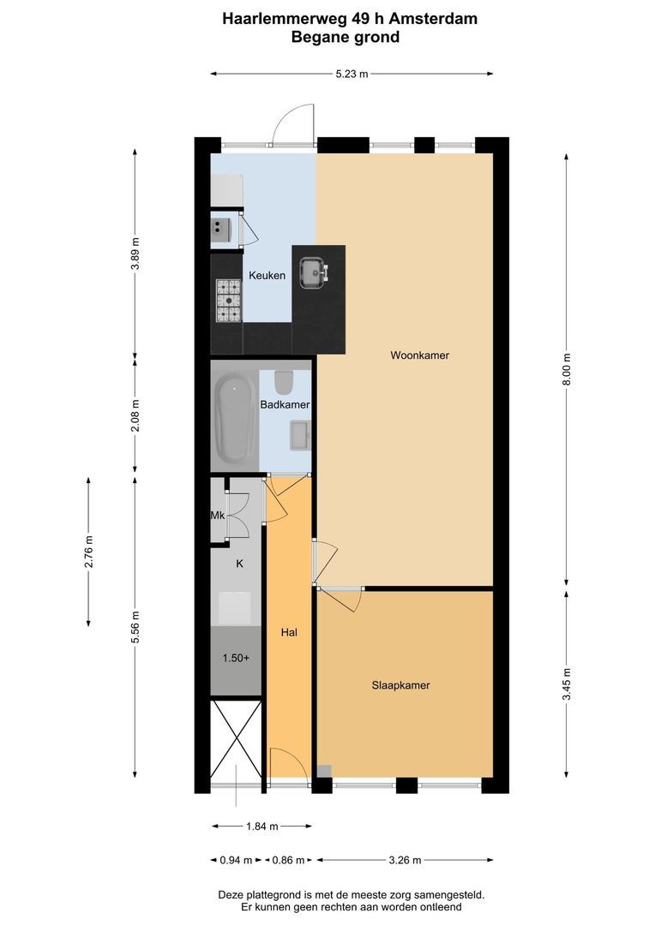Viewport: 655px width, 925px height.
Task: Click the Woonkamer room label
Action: [419, 355]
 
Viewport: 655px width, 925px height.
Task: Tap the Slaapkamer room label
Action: [400, 685]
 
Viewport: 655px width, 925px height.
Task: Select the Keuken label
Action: [267, 275]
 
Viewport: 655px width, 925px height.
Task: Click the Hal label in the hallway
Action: [289, 633]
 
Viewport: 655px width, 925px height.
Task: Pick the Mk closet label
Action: [217, 516]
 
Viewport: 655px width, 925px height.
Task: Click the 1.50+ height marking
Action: [236, 659]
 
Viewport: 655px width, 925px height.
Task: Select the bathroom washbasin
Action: [299, 435]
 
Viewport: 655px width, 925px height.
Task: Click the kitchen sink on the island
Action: [310, 272]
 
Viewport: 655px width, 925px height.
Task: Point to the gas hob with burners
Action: [228, 301]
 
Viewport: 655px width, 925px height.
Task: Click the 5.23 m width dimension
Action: [352, 75]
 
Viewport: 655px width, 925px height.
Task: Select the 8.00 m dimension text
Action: [566, 369]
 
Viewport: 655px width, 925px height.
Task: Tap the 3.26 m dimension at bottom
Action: [404, 860]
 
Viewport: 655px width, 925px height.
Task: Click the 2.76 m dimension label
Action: [88, 552]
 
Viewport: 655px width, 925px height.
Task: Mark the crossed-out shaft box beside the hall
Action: [236, 740]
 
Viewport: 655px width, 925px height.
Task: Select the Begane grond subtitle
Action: [345, 37]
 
